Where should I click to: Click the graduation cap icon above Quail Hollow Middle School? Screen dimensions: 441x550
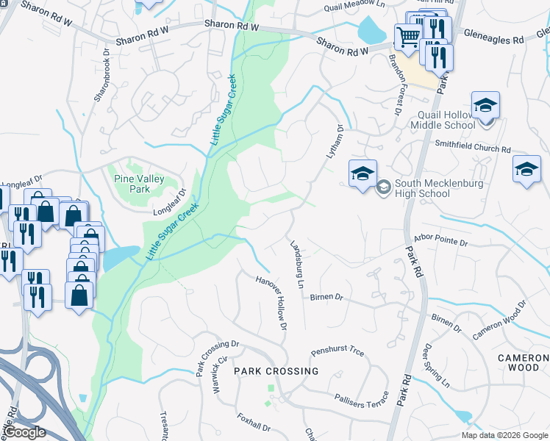485,106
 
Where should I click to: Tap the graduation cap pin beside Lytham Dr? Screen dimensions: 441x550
362,174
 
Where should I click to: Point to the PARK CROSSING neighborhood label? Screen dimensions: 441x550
276,371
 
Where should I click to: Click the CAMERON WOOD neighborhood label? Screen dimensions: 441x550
523,362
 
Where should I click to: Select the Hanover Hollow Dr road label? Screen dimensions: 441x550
271,302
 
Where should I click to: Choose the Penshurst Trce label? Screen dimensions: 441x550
337,352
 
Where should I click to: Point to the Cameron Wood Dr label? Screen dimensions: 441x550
500,320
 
